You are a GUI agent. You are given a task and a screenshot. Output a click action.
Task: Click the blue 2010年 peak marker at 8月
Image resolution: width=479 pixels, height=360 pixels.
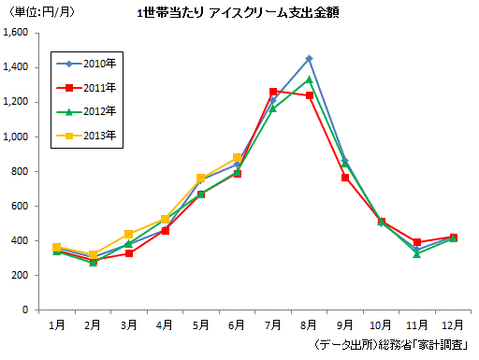[x=309, y=59]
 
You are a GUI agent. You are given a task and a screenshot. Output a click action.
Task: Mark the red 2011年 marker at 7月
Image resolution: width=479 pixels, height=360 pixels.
[x=273, y=92]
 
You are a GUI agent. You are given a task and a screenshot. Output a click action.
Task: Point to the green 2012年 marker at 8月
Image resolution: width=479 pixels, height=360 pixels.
[x=309, y=79]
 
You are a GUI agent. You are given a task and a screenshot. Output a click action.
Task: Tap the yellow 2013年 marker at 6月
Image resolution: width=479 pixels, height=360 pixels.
[x=238, y=158]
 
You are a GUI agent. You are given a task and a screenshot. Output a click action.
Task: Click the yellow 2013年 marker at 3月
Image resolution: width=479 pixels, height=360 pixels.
[x=128, y=234]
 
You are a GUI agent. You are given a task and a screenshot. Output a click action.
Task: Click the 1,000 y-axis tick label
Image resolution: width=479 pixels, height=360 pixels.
[x=17, y=137]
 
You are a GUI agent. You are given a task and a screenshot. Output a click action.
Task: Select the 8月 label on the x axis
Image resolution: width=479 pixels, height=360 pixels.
[x=309, y=324]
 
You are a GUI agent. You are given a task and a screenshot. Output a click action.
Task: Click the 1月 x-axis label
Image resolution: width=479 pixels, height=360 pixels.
[x=56, y=324]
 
